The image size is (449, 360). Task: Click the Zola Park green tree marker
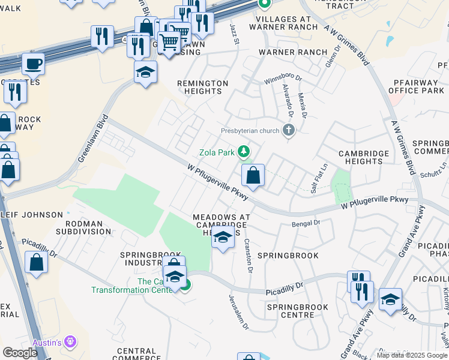[x=244, y=151]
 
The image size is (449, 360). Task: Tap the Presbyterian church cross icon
[x=289, y=130]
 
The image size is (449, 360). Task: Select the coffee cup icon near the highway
[x=33, y=63]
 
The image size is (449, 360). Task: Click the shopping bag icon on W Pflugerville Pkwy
[x=253, y=176]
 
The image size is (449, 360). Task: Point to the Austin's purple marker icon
[x=71, y=341]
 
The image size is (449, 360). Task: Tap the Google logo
[x=20, y=353]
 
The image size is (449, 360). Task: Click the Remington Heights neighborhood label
[x=203, y=87]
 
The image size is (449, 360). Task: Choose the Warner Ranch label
[x=293, y=52]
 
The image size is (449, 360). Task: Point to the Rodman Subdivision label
[x=83, y=227]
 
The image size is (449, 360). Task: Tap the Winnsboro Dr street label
[x=284, y=79]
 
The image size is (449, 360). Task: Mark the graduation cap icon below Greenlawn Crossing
[x=145, y=73]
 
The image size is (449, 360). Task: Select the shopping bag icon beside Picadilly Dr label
[x=37, y=263]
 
